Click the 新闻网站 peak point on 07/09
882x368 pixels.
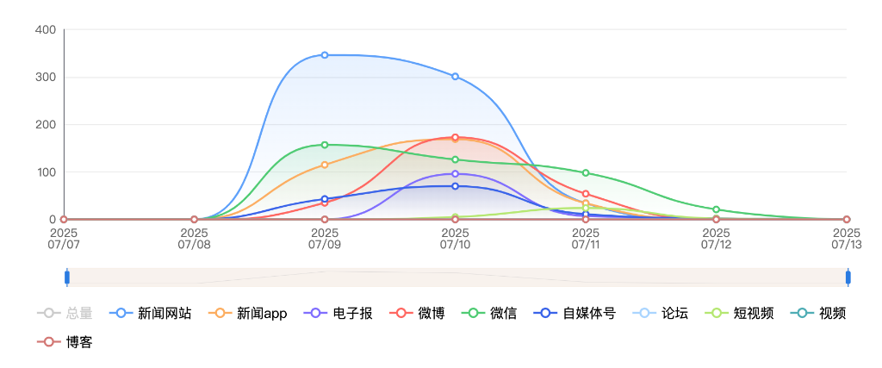325,55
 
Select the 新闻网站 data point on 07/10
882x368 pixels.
455,77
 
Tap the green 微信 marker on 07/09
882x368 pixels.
325,145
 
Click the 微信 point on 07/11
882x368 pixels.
586,173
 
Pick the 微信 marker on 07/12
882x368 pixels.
716,209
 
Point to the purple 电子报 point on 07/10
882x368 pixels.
455,174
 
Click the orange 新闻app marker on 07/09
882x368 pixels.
325,165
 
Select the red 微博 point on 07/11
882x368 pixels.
586,194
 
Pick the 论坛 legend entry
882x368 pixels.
661,314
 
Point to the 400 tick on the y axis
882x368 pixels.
46,30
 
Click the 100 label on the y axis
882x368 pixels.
46,172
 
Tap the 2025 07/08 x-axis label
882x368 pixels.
194,239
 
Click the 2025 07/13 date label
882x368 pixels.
846,239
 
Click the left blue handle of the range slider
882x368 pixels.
67,278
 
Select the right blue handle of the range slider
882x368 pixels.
848,278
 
